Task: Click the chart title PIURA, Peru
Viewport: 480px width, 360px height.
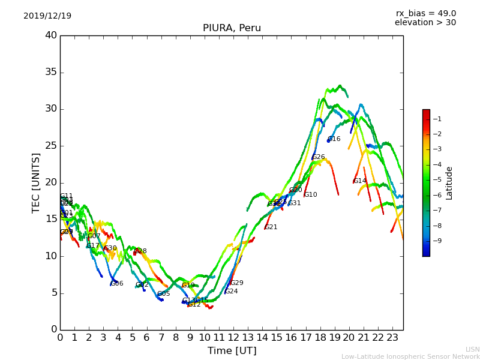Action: click(232, 28)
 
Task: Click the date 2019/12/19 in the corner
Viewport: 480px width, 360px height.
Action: click(47, 16)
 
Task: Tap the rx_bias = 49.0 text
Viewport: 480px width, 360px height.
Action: click(425, 13)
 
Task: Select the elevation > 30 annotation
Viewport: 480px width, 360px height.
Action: click(425, 23)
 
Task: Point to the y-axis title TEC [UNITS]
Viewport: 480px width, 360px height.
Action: click(37, 182)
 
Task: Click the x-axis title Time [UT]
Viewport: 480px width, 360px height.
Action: click(232, 350)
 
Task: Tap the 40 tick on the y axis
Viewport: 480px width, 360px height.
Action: click(51, 35)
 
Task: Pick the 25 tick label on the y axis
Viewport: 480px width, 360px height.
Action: click(51, 146)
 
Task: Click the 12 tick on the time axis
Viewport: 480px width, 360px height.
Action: click(233, 338)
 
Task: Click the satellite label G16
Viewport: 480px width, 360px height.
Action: click(334, 139)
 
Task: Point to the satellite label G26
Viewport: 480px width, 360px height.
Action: click(318, 157)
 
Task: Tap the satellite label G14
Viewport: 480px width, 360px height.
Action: click(359, 181)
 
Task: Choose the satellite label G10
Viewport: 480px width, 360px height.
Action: click(310, 195)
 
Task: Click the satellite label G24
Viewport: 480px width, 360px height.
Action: click(231, 292)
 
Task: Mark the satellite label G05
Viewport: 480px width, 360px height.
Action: click(163, 294)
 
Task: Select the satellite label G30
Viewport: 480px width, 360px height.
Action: click(110, 248)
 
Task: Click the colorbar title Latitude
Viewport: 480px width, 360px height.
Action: click(449, 183)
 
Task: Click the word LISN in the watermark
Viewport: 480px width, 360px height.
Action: click(472, 349)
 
